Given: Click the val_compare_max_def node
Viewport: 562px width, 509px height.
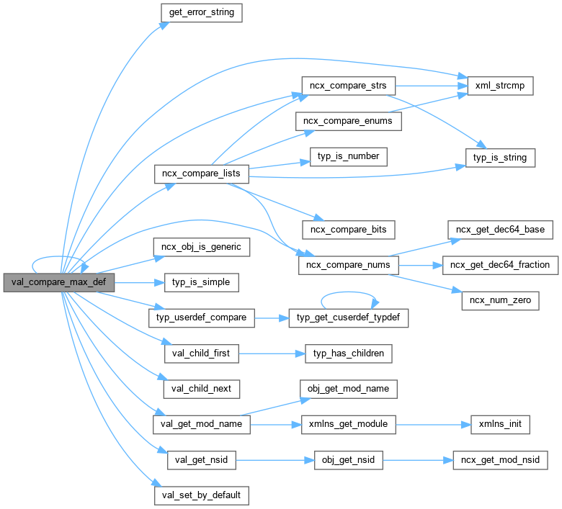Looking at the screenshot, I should (58, 283).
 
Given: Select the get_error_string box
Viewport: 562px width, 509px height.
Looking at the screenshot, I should (201, 12).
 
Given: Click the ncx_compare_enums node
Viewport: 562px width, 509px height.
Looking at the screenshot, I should (348, 121).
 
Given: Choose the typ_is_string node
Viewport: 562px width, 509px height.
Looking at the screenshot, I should (499, 156).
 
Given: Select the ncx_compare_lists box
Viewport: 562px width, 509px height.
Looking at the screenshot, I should (202, 174).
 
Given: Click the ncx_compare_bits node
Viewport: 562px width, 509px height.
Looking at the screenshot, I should (348, 230).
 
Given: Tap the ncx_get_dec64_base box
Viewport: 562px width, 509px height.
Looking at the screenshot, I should (500, 230).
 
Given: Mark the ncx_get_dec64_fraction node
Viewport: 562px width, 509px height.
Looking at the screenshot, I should (500, 265).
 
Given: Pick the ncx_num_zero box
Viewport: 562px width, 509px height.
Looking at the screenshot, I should (500, 300).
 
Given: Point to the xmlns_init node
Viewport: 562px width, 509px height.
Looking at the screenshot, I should (499, 424).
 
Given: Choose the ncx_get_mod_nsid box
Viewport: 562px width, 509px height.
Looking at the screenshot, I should (499, 459).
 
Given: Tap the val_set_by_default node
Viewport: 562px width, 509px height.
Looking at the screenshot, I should (201, 495).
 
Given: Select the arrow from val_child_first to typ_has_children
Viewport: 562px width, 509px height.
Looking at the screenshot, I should (266, 353).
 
